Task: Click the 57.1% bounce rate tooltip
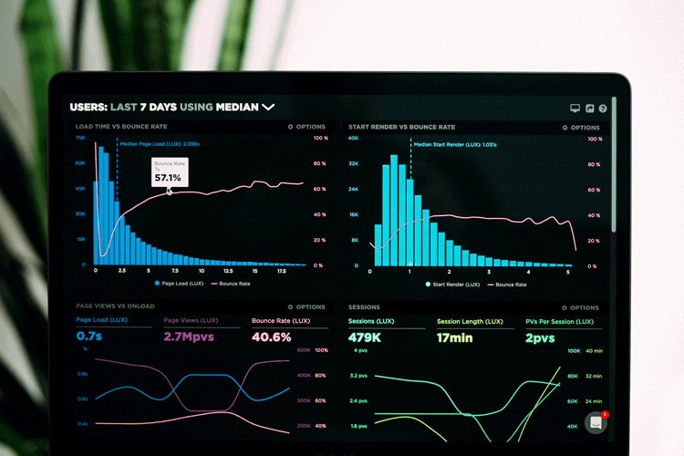[170, 172]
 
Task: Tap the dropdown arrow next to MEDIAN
[268, 107]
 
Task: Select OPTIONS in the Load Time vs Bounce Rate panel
[306, 127]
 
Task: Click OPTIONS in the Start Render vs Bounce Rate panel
[581, 128]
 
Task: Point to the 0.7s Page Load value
[88, 337]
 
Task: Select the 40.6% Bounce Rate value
[271, 337]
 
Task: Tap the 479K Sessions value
[365, 337]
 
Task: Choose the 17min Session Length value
[454, 337]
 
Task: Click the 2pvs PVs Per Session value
[540, 337]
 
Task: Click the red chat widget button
[596, 422]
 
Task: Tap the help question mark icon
[603, 109]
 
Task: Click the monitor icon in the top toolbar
[575, 109]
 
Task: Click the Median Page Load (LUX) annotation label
[160, 143]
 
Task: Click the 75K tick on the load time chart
[80, 139]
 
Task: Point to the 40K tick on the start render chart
[353, 139]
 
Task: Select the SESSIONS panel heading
[364, 307]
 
